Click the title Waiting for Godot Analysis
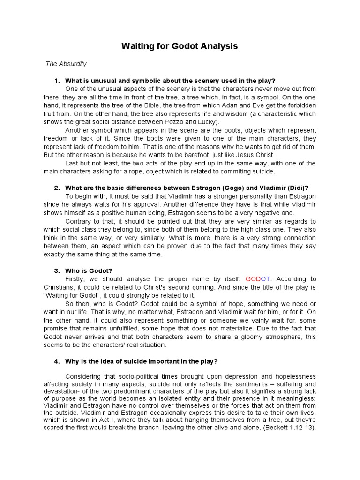[180, 46]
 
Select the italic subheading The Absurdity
[66, 64]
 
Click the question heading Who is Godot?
[89, 270]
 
